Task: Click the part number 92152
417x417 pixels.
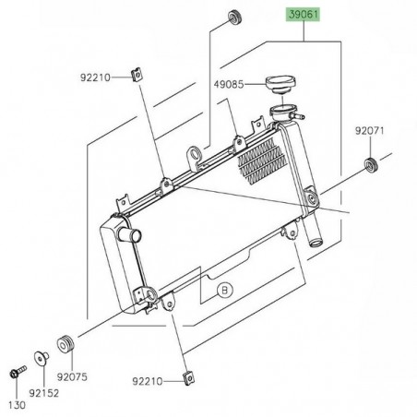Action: (x=42, y=392)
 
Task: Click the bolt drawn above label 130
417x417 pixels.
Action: (x=17, y=374)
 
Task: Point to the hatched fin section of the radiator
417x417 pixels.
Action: (x=261, y=157)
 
